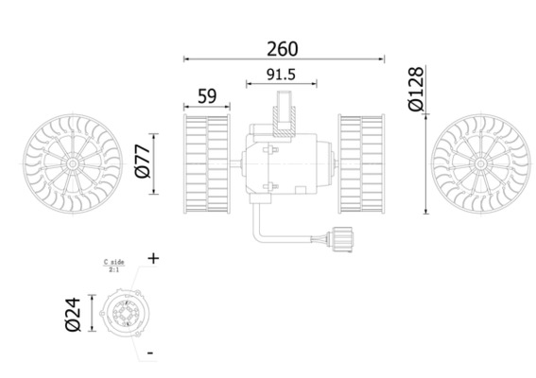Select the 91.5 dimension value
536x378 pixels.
283,73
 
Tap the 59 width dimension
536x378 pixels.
206,95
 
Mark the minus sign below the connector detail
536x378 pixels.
150,352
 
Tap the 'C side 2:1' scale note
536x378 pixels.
114,265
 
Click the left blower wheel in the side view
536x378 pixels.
206,162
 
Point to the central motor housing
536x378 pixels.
284,162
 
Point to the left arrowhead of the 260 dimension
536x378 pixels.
185,60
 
